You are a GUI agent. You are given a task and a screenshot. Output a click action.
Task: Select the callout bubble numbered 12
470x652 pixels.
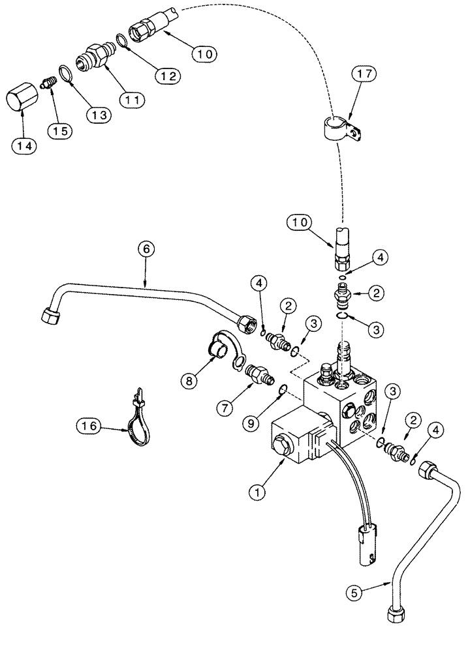pyautogui.click(x=166, y=76)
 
